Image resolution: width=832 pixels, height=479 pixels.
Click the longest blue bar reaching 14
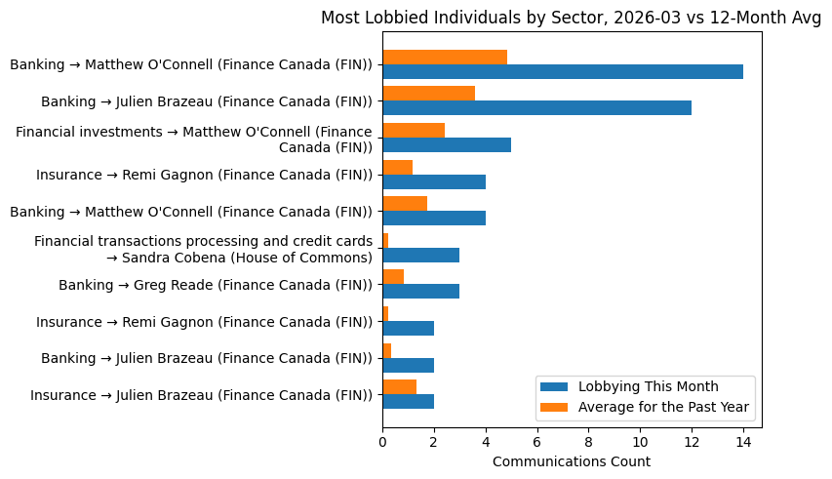[x=562, y=72]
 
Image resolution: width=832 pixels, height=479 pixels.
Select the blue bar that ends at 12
[x=536, y=108]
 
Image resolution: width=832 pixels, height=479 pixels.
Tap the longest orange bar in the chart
[x=444, y=57]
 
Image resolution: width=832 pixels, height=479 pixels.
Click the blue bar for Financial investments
[x=446, y=145]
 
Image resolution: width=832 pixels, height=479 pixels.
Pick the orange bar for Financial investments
[x=413, y=131]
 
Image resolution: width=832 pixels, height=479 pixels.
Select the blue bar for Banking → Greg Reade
[x=420, y=292]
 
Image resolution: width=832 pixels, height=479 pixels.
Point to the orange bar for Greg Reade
[x=392, y=277]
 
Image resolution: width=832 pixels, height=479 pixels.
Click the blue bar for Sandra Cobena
[x=420, y=256]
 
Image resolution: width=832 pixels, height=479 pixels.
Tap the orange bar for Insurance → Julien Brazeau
[x=399, y=387]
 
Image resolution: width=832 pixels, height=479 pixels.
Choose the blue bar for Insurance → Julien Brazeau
[x=408, y=402]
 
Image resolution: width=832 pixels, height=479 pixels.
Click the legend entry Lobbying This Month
[x=648, y=385]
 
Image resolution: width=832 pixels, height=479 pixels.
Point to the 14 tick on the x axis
[x=743, y=441]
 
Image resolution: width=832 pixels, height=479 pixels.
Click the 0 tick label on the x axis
[x=382, y=441]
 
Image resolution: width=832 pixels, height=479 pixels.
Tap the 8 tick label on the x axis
[x=588, y=441]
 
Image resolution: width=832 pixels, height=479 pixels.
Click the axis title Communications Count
[x=572, y=461]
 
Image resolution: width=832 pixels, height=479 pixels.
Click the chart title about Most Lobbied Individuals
[x=571, y=18]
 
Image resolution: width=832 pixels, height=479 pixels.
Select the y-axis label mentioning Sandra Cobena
[x=203, y=249]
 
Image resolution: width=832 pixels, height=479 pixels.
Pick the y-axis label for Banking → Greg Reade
[x=216, y=285]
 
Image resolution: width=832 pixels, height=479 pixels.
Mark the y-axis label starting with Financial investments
[x=194, y=140]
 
